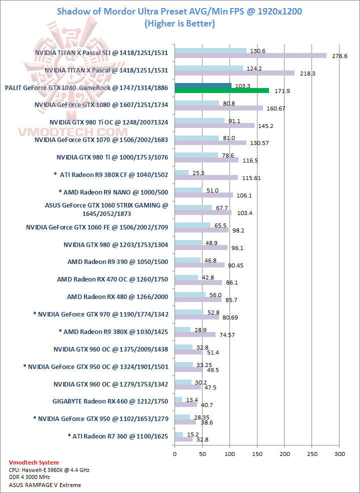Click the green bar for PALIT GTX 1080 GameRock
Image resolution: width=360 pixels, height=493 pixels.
(x=221, y=91)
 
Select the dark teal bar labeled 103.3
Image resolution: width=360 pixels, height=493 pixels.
(x=203, y=85)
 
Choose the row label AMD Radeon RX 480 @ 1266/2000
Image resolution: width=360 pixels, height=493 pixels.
(x=117, y=297)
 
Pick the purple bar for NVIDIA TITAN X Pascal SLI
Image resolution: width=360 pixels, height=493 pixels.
(x=250, y=56)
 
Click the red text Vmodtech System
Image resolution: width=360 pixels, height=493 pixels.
(x=34, y=462)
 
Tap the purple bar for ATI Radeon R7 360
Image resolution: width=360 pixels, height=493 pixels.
(x=183, y=439)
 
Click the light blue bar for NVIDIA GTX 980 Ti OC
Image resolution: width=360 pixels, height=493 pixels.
(x=199, y=120)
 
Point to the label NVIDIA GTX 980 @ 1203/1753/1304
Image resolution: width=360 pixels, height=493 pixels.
(x=116, y=244)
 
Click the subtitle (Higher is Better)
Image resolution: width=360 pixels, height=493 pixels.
(x=179, y=23)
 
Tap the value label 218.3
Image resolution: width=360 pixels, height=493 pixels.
(x=307, y=73)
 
